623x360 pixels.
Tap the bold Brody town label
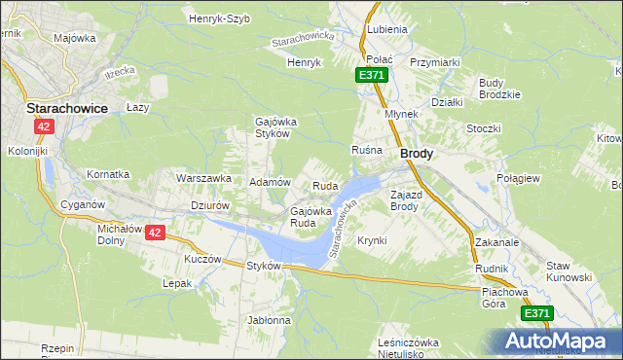point(417,154)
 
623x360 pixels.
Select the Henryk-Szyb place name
point(219,18)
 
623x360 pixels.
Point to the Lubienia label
point(387,30)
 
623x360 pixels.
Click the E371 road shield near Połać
point(371,75)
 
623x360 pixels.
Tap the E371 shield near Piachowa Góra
point(536,313)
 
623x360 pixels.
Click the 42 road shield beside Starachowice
point(43,126)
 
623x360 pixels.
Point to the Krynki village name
point(372,240)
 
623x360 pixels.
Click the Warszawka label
point(202,179)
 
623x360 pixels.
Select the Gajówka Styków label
point(274,127)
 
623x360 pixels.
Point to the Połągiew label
point(545,179)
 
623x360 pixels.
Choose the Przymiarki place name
point(435,61)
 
